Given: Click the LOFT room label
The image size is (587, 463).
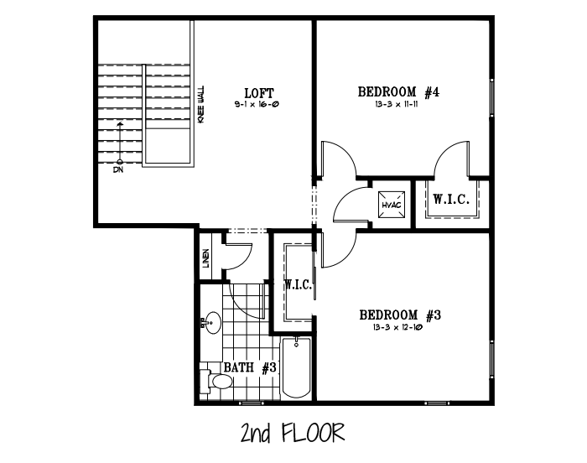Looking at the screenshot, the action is pos(259,93).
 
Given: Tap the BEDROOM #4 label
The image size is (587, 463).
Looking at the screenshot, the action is pos(398,91).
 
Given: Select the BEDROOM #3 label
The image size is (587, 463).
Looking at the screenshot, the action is pos(400,315).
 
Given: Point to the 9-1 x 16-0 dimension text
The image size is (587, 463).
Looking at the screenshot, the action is pos(257,105).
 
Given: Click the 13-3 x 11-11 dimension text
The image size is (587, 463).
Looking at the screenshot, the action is pos(396,104).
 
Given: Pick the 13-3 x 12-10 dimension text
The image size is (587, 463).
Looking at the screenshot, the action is pos(397,327).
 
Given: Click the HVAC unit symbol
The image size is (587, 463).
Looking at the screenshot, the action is pos(392,205).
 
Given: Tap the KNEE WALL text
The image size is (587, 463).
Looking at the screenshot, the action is pos(201,104).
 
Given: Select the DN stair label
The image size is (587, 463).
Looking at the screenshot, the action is pos(118,169).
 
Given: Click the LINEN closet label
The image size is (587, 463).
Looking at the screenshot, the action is pos(206,258).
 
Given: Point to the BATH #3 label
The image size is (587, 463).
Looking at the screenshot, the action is pos(250,367).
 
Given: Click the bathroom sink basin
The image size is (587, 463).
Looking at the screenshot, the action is pos(213,323).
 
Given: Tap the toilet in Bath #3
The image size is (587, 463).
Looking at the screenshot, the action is pos(216,382).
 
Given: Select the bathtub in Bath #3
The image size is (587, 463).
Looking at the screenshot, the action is pos(297,367).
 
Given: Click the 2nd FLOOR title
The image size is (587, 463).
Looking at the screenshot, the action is pos(293,433).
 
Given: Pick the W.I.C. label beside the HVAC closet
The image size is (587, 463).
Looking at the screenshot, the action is pos(451,199).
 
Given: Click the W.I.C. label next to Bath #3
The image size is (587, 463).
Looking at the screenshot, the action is pos(299,285).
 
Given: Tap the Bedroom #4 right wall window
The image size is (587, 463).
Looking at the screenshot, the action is pos(492,96).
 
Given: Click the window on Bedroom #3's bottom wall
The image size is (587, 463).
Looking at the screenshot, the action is pos(437,403).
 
